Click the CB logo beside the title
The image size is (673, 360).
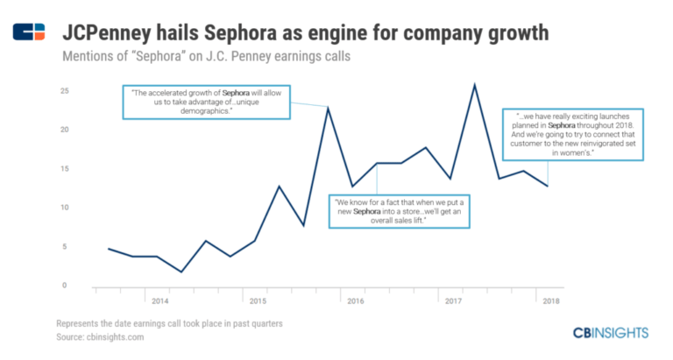pos(29,32)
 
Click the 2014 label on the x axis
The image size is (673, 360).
pos(160,301)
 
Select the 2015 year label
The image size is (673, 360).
pos(258,301)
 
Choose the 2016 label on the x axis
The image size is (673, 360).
pos(356,301)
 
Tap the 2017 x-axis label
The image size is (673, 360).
pos(454,301)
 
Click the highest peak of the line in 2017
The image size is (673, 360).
pos(474,84)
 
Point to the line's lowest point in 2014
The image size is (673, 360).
pos(181,272)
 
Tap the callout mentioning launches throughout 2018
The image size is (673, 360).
pos(574,134)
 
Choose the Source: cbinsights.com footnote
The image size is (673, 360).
pos(98,337)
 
